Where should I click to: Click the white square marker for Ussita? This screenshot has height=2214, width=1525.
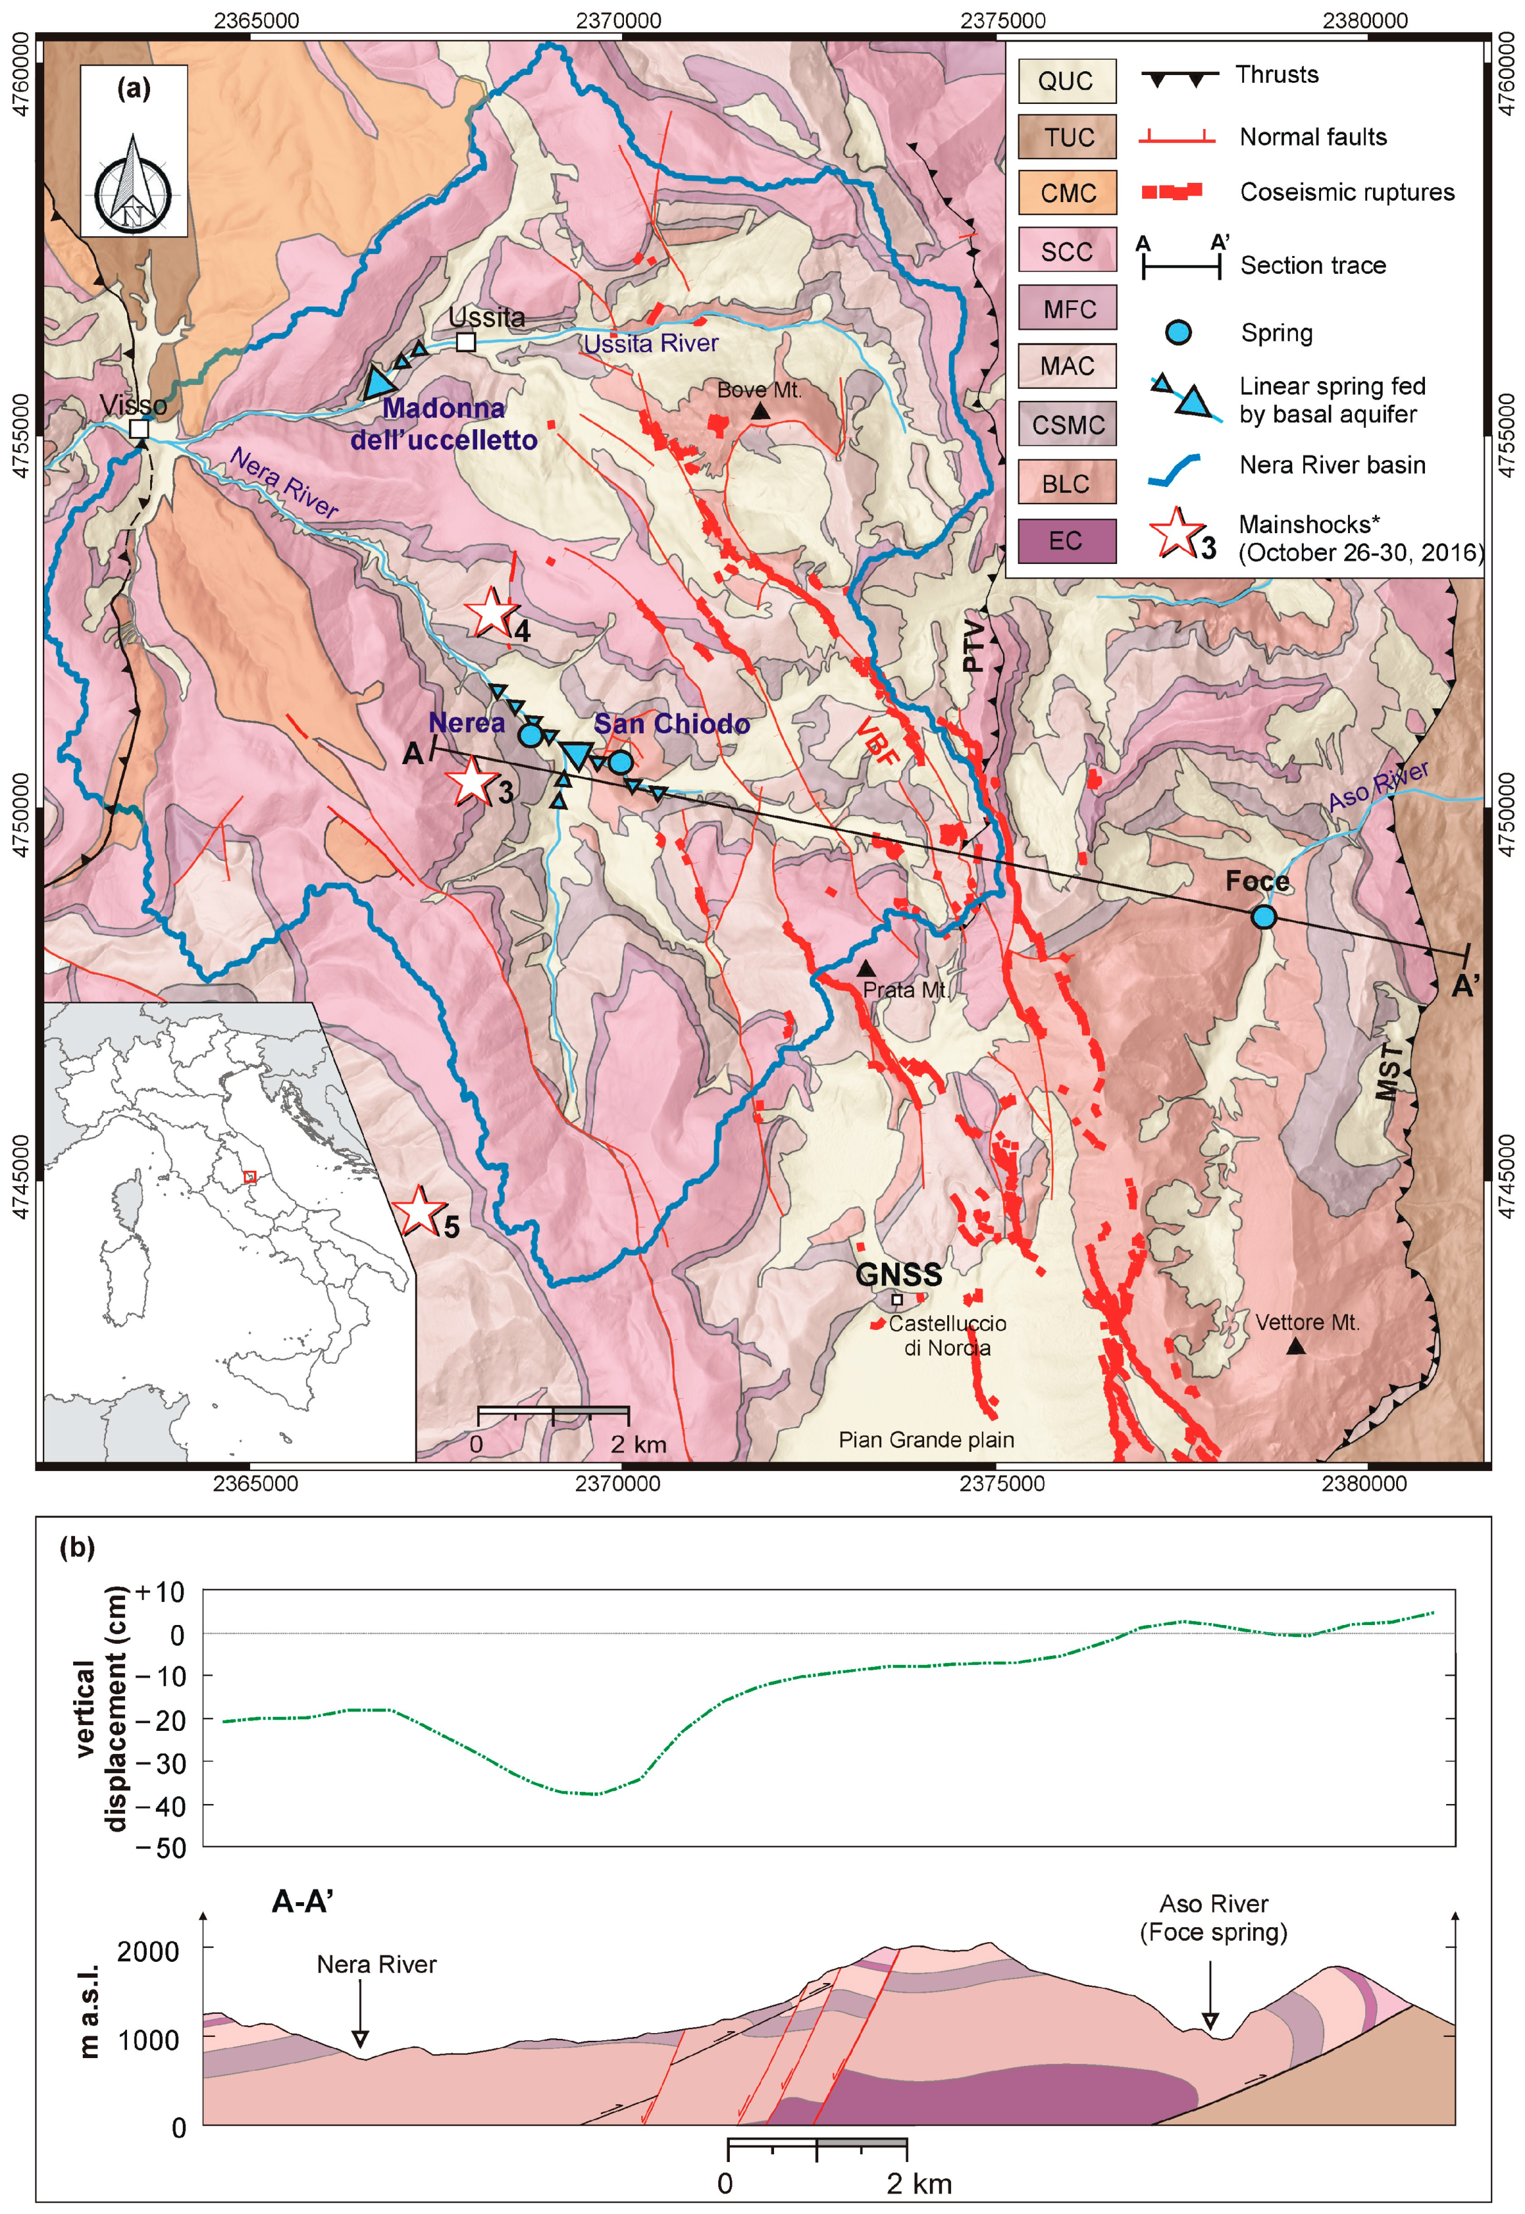click(x=466, y=341)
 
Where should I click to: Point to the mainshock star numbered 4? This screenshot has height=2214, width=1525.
click(x=491, y=613)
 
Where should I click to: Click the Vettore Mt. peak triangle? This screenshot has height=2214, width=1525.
click(x=1295, y=1346)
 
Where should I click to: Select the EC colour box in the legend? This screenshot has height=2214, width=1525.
click(x=1066, y=541)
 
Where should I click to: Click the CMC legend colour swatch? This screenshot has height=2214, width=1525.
click(x=1066, y=193)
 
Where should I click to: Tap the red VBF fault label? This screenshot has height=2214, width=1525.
click(x=877, y=741)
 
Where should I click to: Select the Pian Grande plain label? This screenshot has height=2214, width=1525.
click(x=926, y=1440)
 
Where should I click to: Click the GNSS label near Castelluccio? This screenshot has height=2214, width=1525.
click(x=898, y=1274)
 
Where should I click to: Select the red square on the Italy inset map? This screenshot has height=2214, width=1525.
click(x=250, y=1177)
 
